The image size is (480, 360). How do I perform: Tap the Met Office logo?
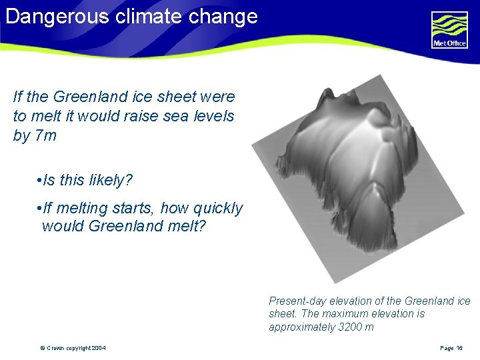pyautogui.click(x=449, y=29)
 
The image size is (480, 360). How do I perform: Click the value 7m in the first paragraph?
pyautogui.click(x=45, y=136)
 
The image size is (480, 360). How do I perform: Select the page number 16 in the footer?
pyautogui.click(x=459, y=348)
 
